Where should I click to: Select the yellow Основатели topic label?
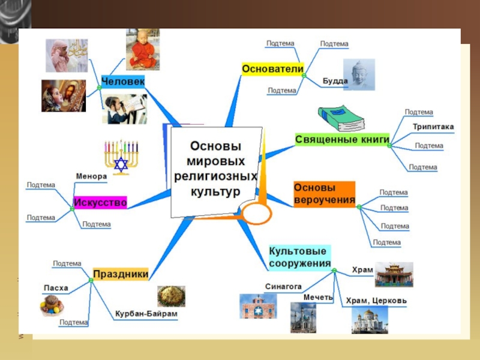tap(272, 69)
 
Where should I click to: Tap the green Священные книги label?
tap(342, 139)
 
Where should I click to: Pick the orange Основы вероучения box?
tap(324, 194)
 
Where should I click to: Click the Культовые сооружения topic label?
tap(300, 257)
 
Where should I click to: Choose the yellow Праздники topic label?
tap(121, 274)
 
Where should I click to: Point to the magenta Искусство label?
tap(100, 203)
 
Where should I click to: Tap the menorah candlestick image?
tap(121, 157)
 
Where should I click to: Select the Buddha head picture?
tap(359, 74)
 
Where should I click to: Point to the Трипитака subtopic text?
tap(433, 127)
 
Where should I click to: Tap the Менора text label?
tap(91, 176)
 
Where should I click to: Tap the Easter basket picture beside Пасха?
tap(52, 305)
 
